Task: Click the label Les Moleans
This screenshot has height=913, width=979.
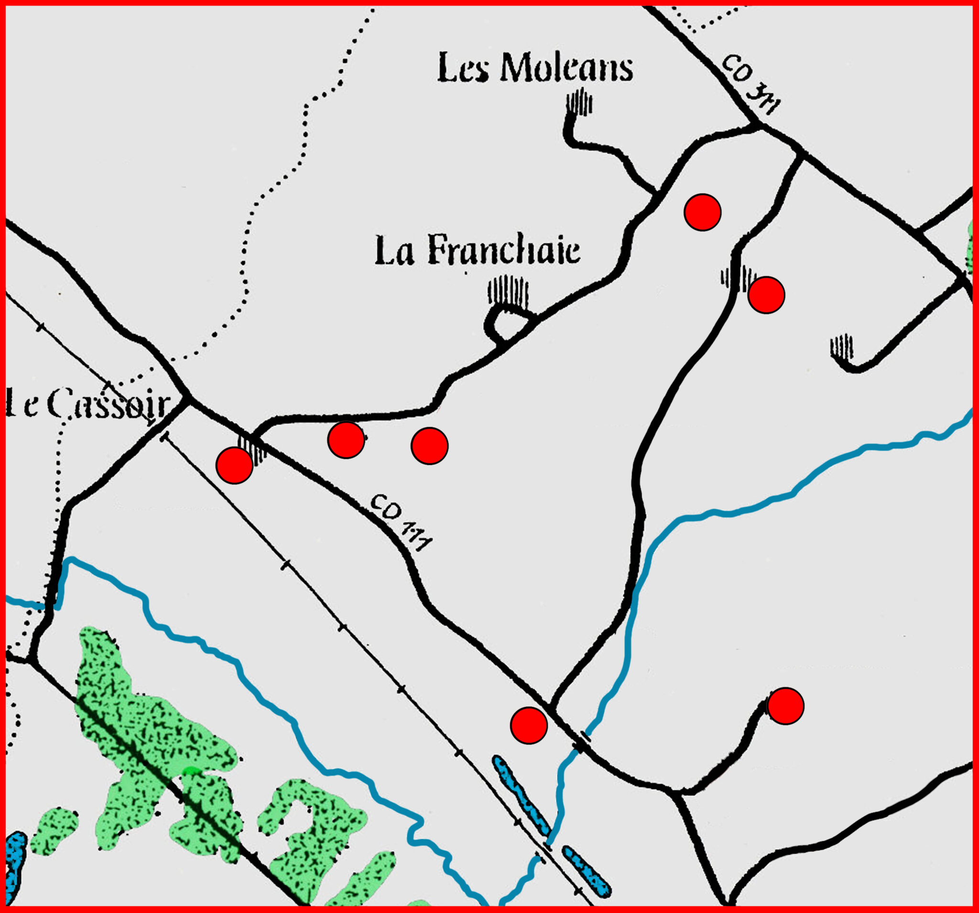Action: (535, 68)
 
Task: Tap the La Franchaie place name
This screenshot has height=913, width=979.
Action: (477, 250)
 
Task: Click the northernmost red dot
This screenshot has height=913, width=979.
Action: (702, 212)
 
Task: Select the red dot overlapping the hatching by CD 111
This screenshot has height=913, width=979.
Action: (234, 466)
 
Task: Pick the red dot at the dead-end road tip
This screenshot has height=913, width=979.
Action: (785, 706)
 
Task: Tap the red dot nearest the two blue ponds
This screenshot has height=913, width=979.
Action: (529, 725)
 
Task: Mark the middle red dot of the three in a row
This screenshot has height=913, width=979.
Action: (346, 440)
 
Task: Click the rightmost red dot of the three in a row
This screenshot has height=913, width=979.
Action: (429, 446)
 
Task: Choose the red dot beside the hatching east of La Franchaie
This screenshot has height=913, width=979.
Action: (766, 295)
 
